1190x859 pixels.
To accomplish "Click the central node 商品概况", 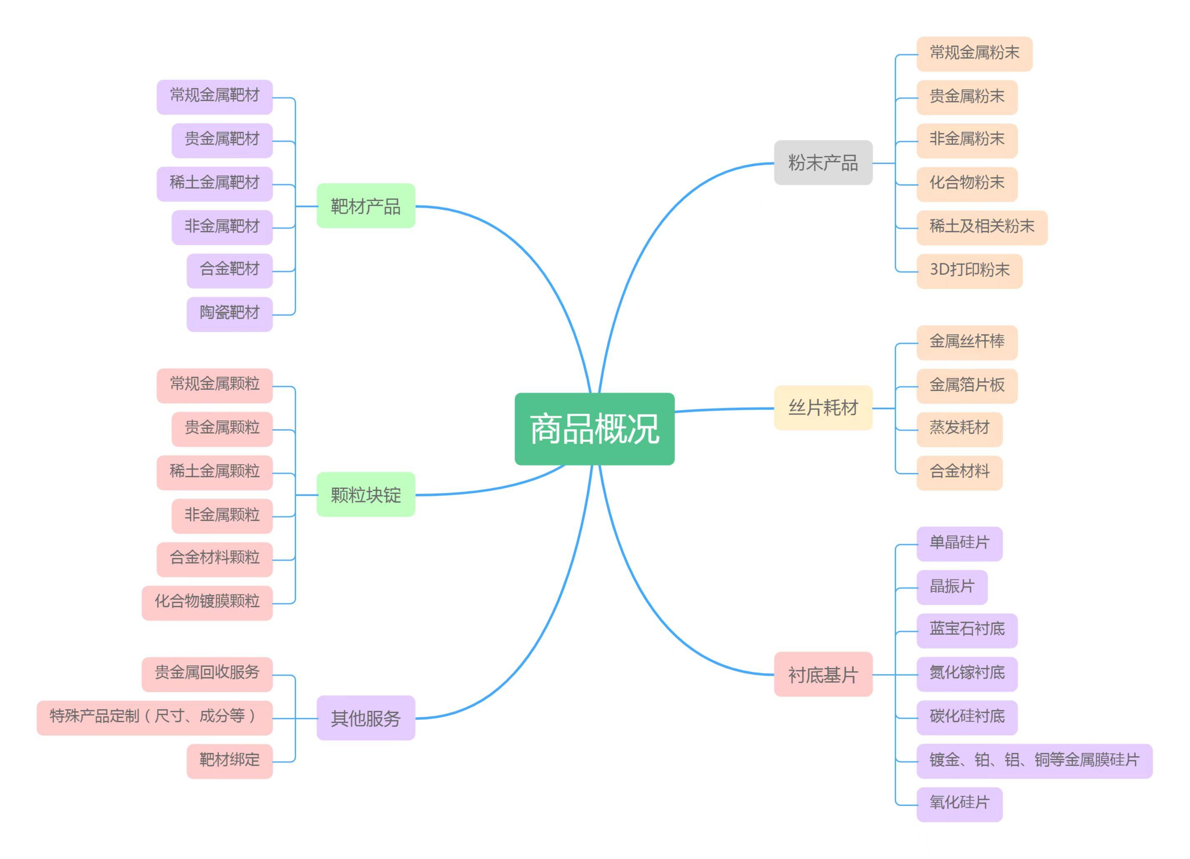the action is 595,429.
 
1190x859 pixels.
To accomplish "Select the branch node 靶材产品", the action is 366,206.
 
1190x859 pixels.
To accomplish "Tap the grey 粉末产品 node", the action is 823,162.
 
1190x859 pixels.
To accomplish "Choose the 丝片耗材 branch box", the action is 823,408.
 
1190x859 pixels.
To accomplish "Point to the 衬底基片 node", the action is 823,674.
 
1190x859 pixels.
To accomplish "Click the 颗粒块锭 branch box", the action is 366,494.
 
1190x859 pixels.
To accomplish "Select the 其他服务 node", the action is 366,718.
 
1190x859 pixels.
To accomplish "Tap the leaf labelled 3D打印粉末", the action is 970,271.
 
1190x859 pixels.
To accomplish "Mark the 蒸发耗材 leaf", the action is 960,429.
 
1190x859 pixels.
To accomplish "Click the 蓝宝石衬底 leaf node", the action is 967,630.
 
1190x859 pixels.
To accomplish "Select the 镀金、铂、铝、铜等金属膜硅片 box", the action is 1035,761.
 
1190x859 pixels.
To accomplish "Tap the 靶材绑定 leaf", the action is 230,761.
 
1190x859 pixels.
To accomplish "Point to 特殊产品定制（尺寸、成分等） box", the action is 155,717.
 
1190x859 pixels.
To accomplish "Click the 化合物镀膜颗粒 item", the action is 207,603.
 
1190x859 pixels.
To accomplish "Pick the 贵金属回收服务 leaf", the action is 207,674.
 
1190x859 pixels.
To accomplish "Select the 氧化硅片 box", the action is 960,804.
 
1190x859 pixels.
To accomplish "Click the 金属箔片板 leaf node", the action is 967,386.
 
